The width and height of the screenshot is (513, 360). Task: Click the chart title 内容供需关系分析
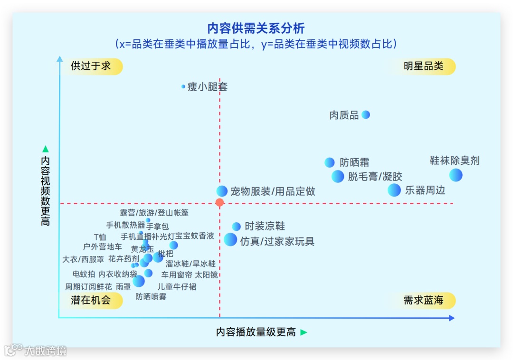[x=256, y=28]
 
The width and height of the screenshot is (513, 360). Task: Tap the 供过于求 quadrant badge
[x=91, y=66]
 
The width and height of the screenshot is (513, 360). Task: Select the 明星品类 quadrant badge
[x=423, y=66]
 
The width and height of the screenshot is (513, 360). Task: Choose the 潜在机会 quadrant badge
[x=91, y=300]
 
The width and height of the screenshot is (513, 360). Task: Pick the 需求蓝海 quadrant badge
[x=423, y=300]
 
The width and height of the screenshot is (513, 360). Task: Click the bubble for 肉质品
[x=365, y=114]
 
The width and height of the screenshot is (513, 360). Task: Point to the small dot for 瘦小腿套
[x=183, y=86]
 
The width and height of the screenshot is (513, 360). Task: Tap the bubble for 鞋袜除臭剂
[x=456, y=175]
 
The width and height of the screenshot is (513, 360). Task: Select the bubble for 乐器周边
[x=394, y=190]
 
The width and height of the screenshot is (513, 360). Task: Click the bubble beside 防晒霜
[x=330, y=162]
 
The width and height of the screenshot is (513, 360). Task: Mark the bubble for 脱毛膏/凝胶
[x=338, y=176]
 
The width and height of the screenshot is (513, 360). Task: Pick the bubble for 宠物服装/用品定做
[x=222, y=191]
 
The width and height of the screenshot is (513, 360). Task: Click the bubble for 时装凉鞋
[x=236, y=227]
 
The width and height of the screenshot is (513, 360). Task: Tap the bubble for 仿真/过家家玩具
[x=230, y=239]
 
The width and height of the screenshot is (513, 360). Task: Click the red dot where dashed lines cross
[x=219, y=203]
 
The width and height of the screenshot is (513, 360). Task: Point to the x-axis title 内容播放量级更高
[x=256, y=332]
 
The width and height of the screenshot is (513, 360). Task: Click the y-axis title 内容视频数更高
[x=45, y=190]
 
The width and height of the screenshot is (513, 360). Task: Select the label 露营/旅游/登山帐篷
[x=154, y=212]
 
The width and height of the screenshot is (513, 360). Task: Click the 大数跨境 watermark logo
[x=36, y=351]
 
